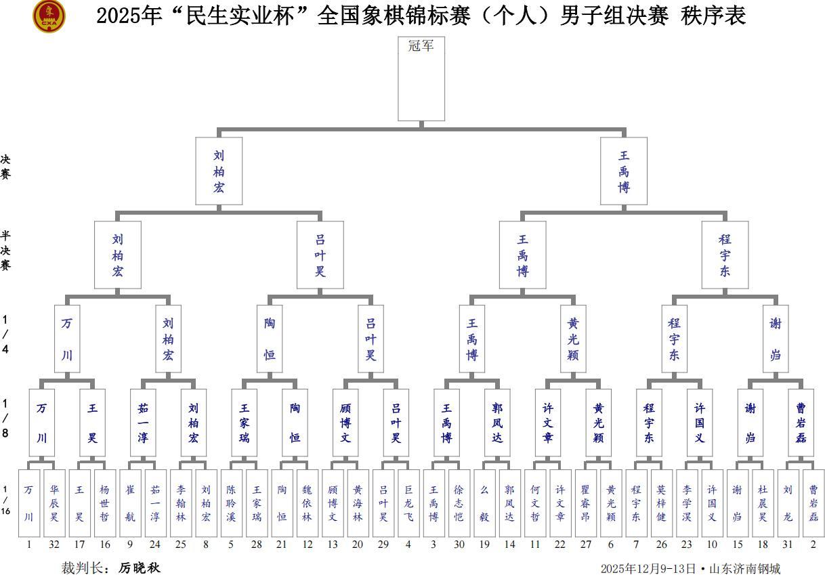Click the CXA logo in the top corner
click(x=49, y=17)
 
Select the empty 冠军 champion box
click(x=421, y=79)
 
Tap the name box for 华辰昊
click(x=54, y=503)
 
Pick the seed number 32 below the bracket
click(x=54, y=544)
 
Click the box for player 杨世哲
click(x=104, y=503)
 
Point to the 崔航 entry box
click(x=130, y=503)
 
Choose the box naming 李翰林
click(x=181, y=503)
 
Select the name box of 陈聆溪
click(x=232, y=503)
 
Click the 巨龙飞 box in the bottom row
click(x=408, y=503)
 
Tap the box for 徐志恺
click(x=459, y=503)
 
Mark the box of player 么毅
click(x=485, y=503)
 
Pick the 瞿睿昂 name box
click(x=586, y=503)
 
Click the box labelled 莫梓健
click(x=662, y=503)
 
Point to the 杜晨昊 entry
click(x=763, y=503)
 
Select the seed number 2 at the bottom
click(x=813, y=544)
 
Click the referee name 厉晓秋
click(x=139, y=568)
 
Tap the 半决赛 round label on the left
click(x=5, y=250)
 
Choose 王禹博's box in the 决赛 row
click(x=623, y=171)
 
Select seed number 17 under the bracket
click(x=79, y=544)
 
